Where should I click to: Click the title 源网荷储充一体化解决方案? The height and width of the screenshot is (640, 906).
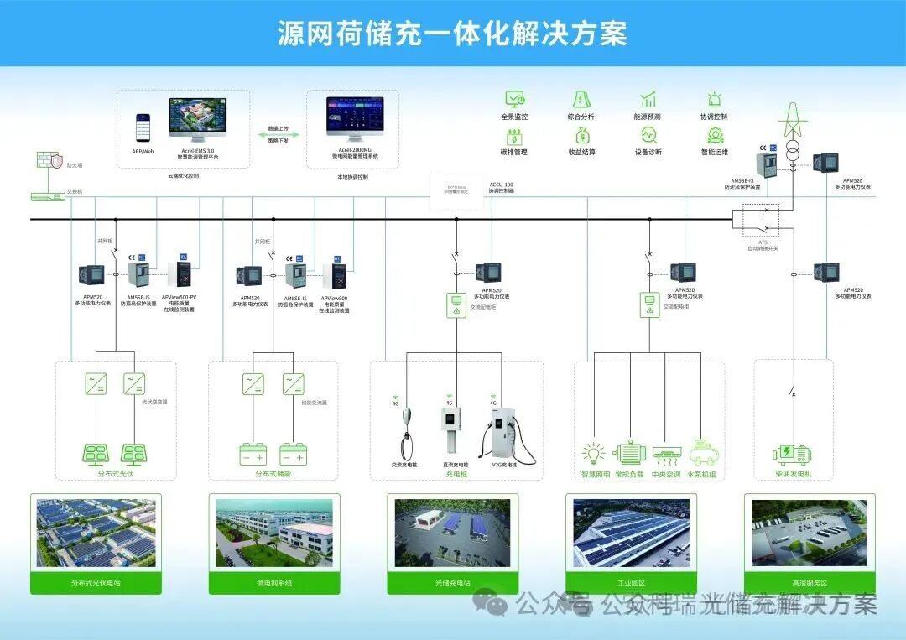point(452,34)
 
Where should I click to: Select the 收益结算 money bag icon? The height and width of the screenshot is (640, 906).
point(581,136)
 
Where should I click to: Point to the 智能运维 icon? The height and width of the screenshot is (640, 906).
point(715,136)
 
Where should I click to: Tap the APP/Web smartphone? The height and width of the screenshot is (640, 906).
point(143,128)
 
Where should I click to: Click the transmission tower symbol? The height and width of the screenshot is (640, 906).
point(792,122)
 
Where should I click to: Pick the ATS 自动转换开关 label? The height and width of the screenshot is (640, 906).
point(763,245)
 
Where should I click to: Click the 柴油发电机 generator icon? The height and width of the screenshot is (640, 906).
point(793,454)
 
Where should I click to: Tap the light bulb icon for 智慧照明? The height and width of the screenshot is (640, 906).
point(594,453)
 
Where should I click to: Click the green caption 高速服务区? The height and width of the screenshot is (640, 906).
point(809,582)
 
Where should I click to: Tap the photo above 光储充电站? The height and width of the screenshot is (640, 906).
point(452,533)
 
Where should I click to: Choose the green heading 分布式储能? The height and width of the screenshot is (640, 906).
point(273,475)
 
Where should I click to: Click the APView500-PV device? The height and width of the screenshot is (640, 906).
point(180,273)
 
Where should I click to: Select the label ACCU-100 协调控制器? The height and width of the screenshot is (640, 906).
point(502,187)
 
